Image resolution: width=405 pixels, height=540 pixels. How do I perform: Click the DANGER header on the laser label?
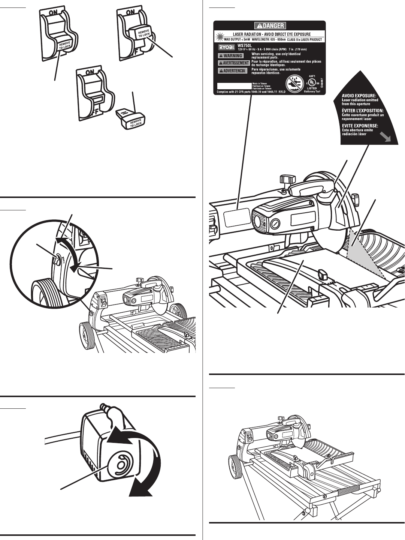coord(269,26)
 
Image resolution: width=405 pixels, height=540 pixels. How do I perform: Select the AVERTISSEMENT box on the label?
coord(234,63)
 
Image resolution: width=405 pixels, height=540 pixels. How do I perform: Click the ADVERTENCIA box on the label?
coord(233,70)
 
